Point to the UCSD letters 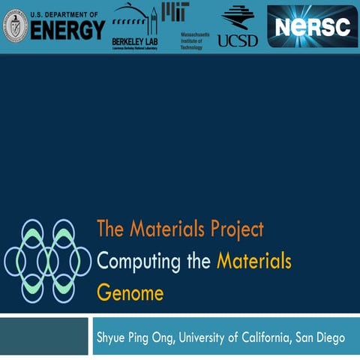238,40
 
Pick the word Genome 130,292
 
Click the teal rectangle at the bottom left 43,335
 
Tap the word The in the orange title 109,229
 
